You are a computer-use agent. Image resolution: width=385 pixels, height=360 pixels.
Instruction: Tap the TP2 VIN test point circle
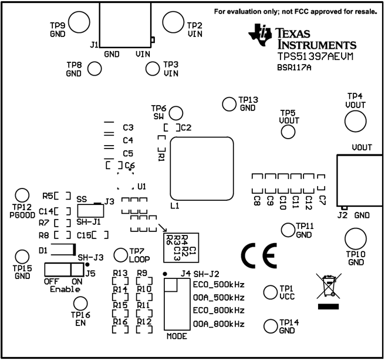click(x=173, y=23)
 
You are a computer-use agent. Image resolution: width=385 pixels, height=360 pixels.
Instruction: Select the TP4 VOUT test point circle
click(x=355, y=121)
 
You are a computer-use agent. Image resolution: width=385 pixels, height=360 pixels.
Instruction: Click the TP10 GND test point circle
click(x=355, y=238)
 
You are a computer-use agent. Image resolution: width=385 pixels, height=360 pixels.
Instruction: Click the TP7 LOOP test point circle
click(x=120, y=254)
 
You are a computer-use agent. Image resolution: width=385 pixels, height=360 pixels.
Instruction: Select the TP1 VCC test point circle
click(x=270, y=292)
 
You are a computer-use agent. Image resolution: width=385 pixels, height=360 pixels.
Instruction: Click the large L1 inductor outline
click(x=203, y=169)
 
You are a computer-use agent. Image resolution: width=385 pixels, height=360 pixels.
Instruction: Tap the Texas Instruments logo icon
click(x=261, y=34)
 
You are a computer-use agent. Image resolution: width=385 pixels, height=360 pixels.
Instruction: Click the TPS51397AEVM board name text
click(x=311, y=55)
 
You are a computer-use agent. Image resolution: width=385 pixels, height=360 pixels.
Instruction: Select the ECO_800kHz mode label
click(x=218, y=310)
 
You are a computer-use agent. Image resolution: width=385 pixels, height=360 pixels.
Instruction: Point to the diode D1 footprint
click(x=62, y=250)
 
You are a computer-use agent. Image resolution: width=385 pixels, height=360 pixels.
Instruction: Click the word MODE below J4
click(x=176, y=337)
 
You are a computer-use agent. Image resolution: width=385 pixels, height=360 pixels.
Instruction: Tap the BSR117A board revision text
click(x=294, y=68)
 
